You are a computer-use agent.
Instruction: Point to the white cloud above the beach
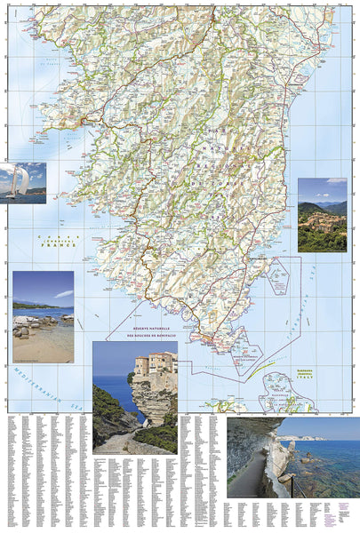[63, 293]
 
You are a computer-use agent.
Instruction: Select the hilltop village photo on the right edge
[322, 215]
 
